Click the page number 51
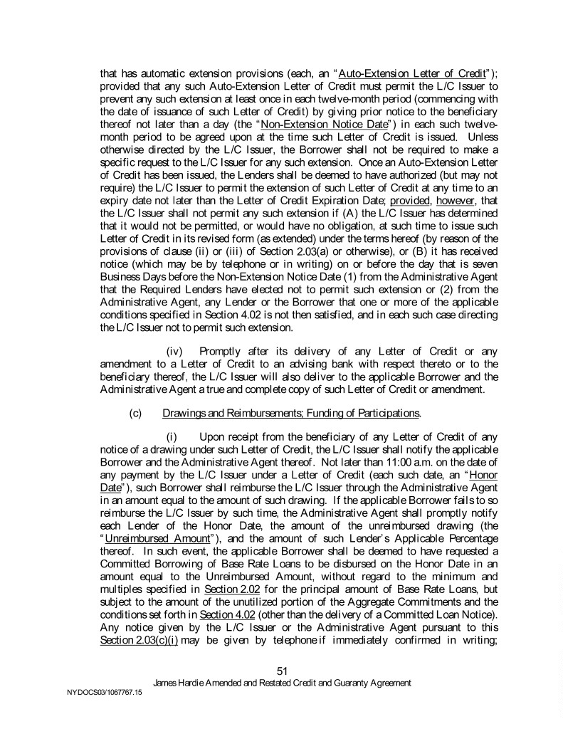click(x=281, y=670)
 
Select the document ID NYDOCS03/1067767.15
click(x=96, y=691)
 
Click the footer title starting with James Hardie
click(x=282, y=682)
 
